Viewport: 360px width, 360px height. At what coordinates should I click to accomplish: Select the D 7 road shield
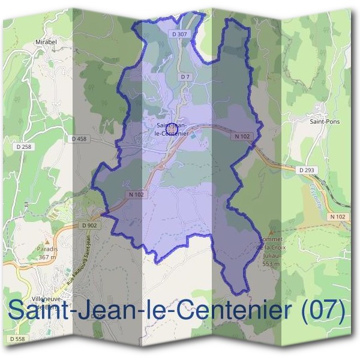click(x=185, y=77)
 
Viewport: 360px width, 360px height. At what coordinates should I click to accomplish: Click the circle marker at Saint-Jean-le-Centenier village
click(x=172, y=128)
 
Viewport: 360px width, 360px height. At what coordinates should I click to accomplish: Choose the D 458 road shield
click(x=79, y=139)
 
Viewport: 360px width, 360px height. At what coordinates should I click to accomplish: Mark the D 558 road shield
click(x=19, y=339)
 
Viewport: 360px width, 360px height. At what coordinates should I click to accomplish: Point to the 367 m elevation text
click(x=46, y=257)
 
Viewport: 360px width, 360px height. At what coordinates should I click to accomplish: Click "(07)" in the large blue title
click(x=323, y=311)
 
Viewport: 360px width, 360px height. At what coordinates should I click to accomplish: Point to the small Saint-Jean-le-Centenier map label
click(x=172, y=129)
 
